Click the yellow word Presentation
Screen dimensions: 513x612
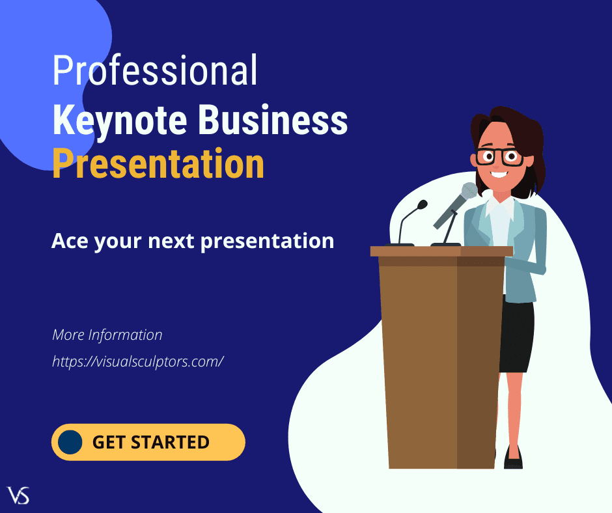click(x=158, y=164)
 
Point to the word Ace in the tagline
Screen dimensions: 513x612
click(x=70, y=241)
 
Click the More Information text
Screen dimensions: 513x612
click(x=107, y=335)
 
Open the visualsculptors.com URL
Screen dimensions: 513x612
click(x=138, y=361)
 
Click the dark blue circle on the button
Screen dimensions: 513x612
click(x=70, y=442)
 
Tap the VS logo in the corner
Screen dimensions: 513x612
click(x=18, y=495)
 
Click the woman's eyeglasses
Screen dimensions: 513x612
click(x=499, y=156)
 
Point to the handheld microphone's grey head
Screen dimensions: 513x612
click(x=468, y=191)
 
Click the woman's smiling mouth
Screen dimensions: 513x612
click(x=499, y=174)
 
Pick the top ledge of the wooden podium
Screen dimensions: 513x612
click(x=441, y=251)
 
